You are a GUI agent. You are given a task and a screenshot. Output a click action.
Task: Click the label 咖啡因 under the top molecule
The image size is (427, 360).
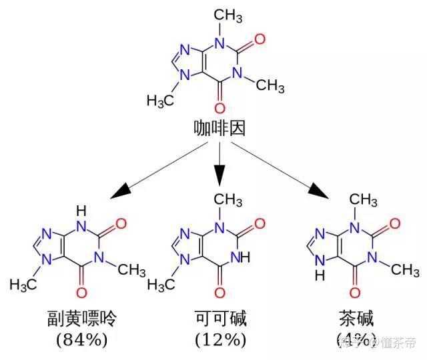[x=220, y=127]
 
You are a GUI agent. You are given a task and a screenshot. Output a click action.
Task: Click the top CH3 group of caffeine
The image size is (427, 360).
[x=230, y=15]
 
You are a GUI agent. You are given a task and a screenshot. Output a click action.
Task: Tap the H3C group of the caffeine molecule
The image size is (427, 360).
[x=160, y=102]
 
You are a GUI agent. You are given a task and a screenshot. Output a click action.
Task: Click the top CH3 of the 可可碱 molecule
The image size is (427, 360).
[x=229, y=199]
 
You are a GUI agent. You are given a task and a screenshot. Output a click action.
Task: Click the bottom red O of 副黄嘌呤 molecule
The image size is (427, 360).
[x=83, y=292]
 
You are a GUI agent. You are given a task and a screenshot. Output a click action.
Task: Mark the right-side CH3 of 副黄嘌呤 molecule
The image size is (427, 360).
[x=131, y=270]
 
